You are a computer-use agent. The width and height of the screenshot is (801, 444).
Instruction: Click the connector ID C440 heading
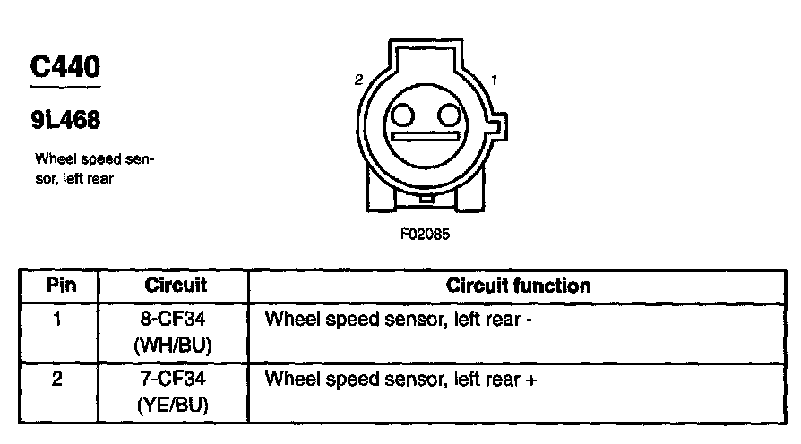65,68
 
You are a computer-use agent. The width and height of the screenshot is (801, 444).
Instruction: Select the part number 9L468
65,121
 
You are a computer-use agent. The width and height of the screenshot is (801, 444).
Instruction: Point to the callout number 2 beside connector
358,81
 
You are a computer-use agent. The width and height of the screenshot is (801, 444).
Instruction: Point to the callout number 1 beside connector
495,81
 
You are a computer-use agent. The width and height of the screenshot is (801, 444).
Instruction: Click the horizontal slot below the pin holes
425,136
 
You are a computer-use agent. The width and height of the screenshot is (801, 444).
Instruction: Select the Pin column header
60,286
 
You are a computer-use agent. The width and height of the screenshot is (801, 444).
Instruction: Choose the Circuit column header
176,286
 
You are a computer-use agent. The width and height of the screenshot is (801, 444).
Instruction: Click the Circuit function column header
518,286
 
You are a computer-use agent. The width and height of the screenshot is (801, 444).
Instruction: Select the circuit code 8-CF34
176,318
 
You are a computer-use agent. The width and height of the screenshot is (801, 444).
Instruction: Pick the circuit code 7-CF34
176,379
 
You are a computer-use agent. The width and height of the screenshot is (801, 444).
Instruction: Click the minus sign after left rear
530,319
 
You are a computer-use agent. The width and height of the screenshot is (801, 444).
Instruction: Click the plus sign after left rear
532,380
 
